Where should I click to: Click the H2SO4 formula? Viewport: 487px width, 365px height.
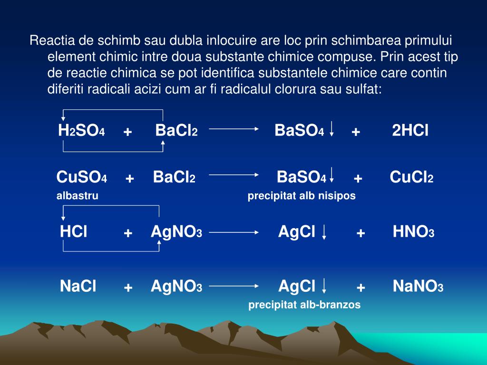click(81, 131)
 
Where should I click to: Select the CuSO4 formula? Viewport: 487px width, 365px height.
click(81, 178)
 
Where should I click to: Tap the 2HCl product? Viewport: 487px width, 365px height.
click(410, 131)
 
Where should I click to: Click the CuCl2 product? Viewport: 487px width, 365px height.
click(411, 178)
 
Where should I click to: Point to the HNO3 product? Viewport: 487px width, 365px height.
click(413, 232)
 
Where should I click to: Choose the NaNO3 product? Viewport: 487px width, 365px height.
click(418, 287)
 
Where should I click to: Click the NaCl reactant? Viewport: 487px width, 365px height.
click(78, 287)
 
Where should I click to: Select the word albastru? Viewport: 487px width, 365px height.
click(78, 196)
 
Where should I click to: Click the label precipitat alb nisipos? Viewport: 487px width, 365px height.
click(302, 196)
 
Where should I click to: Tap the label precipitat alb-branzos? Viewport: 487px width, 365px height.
click(304, 305)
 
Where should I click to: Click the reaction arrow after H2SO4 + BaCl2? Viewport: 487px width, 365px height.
click(234, 128)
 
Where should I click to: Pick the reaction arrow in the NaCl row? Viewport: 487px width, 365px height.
click(234, 287)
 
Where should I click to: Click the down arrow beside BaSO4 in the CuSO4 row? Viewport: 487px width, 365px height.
click(331, 175)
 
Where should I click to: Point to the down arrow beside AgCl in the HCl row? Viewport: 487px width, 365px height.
click(324, 232)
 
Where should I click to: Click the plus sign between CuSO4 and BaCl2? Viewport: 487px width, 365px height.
click(130, 179)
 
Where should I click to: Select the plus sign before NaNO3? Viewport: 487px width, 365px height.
click(361, 288)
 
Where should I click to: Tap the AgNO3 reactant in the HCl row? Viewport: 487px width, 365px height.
click(176, 232)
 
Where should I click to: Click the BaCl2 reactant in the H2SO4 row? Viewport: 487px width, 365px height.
click(176, 131)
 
